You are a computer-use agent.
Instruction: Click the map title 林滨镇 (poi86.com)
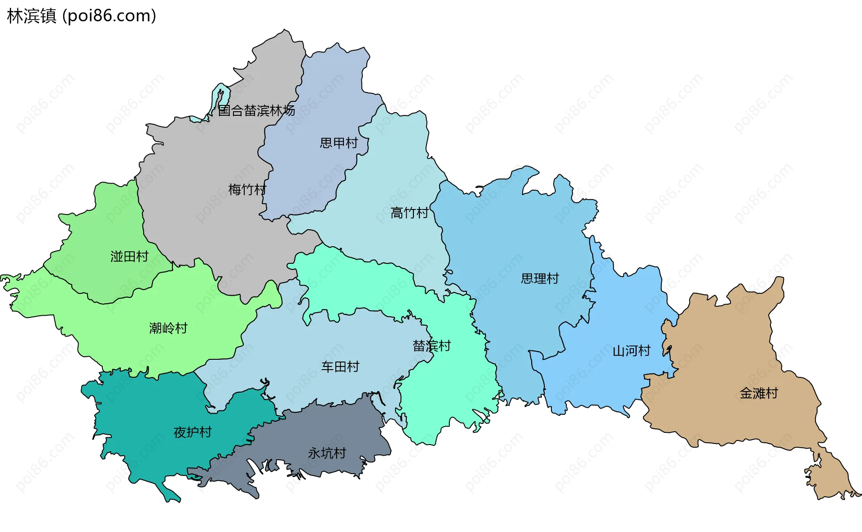(x=82, y=16)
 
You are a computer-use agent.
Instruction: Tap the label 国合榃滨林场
(x=256, y=110)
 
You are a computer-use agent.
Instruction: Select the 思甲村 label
(x=339, y=143)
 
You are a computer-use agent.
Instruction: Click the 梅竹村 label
(x=247, y=190)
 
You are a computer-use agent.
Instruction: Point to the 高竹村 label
(x=409, y=213)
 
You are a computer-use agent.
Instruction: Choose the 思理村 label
(x=540, y=279)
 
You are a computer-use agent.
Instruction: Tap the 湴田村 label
(x=129, y=257)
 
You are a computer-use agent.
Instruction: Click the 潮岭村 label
(x=168, y=328)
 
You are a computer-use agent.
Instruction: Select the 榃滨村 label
(x=431, y=346)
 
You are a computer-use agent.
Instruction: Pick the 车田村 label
(x=340, y=367)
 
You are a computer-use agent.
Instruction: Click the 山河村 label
(x=631, y=351)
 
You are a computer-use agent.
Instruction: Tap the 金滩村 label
(x=758, y=393)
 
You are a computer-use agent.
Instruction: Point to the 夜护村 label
(x=192, y=432)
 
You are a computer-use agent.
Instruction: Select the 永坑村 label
(x=327, y=454)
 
